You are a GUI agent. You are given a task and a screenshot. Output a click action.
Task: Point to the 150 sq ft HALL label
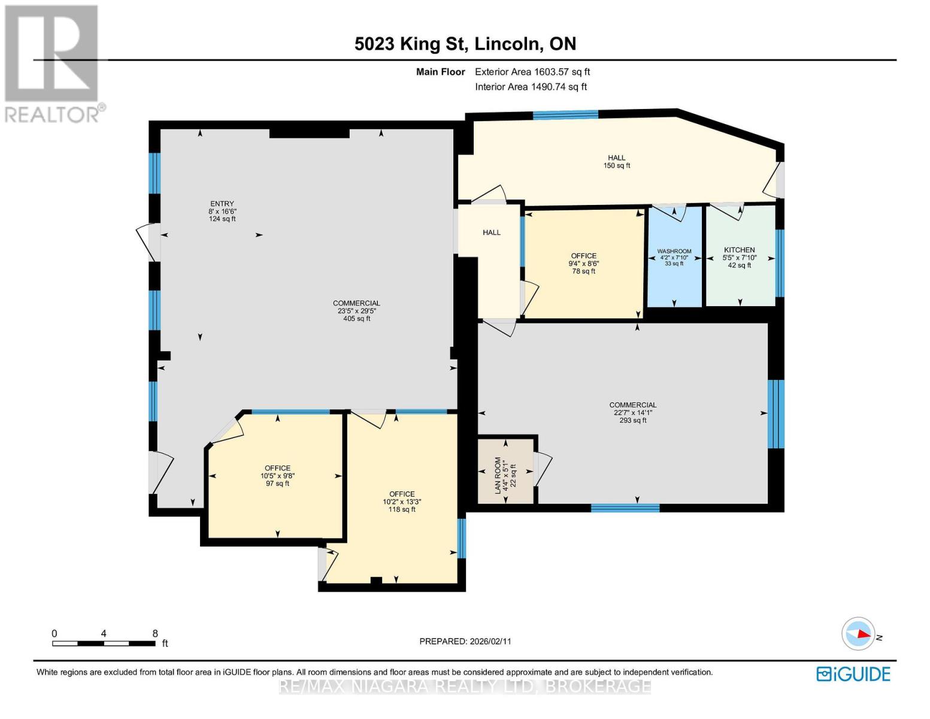tap(616, 162)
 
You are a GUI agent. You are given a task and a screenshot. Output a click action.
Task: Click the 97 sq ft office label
tap(277, 476)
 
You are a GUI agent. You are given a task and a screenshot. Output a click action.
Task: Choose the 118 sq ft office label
tap(402, 502)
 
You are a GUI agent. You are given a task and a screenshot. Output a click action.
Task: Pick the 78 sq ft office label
tap(583, 263)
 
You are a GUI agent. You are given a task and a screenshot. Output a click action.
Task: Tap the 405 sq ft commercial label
tap(356, 310)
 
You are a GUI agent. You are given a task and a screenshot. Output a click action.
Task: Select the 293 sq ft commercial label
tap(633, 412)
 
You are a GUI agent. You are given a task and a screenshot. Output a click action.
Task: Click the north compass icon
tap(859, 634)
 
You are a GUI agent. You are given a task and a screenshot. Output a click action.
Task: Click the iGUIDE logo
tap(853, 674)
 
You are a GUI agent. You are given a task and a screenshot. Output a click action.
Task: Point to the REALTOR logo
tap(53, 63)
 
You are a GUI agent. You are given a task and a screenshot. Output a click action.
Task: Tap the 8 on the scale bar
tap(155, 633)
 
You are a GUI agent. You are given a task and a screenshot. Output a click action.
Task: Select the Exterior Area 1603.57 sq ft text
tap(532, 72)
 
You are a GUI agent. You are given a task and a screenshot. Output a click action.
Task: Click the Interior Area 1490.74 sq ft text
tap(531, 87)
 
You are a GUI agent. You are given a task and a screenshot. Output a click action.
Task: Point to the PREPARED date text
tap(465, 641)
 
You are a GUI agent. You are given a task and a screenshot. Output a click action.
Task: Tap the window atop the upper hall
tap(565, 115)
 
